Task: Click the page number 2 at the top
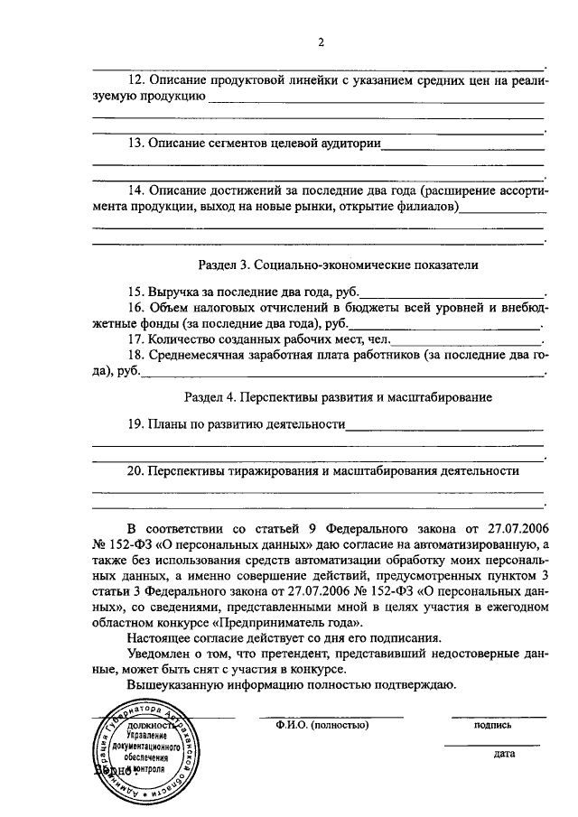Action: click(320, 42)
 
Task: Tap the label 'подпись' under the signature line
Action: click(492, 724)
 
